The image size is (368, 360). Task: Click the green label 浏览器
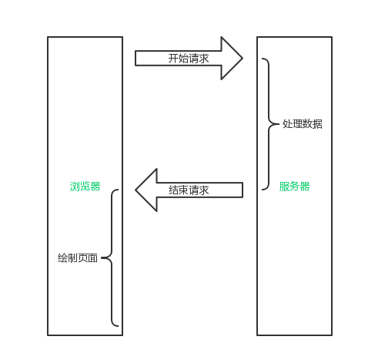pyautogui.click(x=85, y=187)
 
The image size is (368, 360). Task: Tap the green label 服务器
pyautogui.click(x=294, y=187)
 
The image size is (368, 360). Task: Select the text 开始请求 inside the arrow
pyautogui.click(x=189, y=59)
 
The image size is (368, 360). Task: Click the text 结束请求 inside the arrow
pyautogui.click(x=189, y=190)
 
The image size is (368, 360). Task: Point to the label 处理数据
pyautogui.click(x=303, y=124)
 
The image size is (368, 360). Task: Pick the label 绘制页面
pyautogui.click(x=78, y=257)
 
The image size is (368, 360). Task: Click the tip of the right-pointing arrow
pyautogui.click(x=243, y=59)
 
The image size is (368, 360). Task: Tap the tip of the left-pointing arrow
pyautogui.click(x=135, y=190)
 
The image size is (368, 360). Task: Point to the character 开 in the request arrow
pyautogui.click(x=173, y=59)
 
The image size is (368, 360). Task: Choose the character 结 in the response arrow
pyautogui.click(x=173, y=190)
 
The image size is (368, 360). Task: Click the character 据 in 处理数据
pyautogui.click(x=318, y=124)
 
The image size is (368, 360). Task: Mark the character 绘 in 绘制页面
pyautogui.click(x=62, y=257)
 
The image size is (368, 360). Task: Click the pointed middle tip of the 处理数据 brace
pyautogui.click(x=279, y=124)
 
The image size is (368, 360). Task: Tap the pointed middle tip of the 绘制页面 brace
pyautogui.click(x=102, y=257)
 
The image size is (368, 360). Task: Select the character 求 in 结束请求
pyautogui.click(x=204, y=190)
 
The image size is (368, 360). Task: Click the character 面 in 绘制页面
pyautogui.click(x=92, y=257)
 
